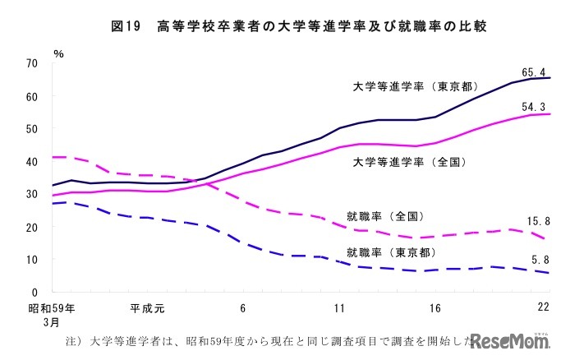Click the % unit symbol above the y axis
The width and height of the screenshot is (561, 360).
58,53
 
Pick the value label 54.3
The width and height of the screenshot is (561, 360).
533,106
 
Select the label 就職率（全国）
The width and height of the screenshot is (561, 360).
384,216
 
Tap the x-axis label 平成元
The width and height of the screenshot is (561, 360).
147,309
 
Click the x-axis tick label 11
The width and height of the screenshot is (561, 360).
338,309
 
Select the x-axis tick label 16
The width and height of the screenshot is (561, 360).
435,309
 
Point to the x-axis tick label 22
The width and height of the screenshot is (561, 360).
542,309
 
